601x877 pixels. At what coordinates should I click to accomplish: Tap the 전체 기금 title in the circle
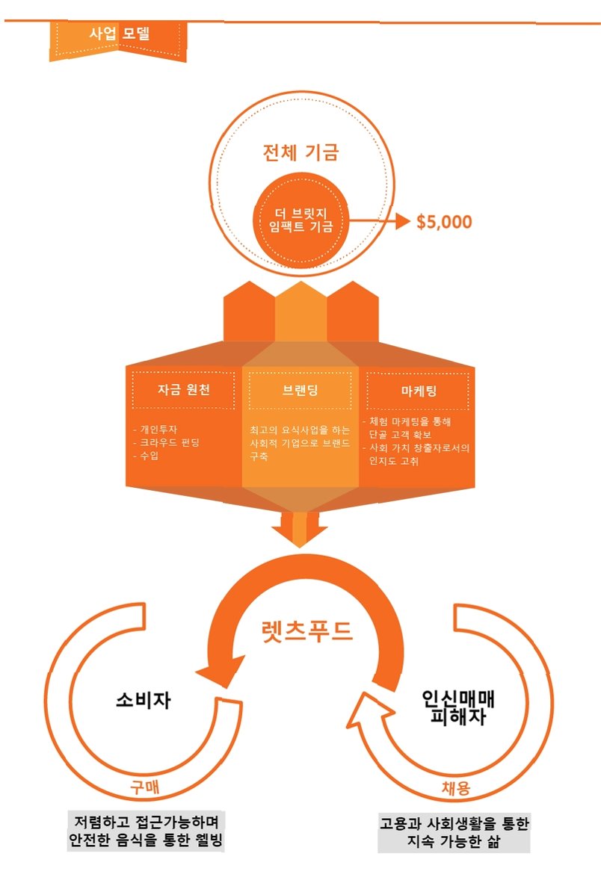pos(300,152)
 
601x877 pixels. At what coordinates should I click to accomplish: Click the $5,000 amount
pos(444,222)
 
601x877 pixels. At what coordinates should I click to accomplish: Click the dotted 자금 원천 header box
pos(183,390)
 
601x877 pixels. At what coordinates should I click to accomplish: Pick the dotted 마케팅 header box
pos(419,390)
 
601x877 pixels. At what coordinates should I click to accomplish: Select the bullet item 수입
pos(145,455)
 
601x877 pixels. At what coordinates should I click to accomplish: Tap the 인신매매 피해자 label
pos(459,707)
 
